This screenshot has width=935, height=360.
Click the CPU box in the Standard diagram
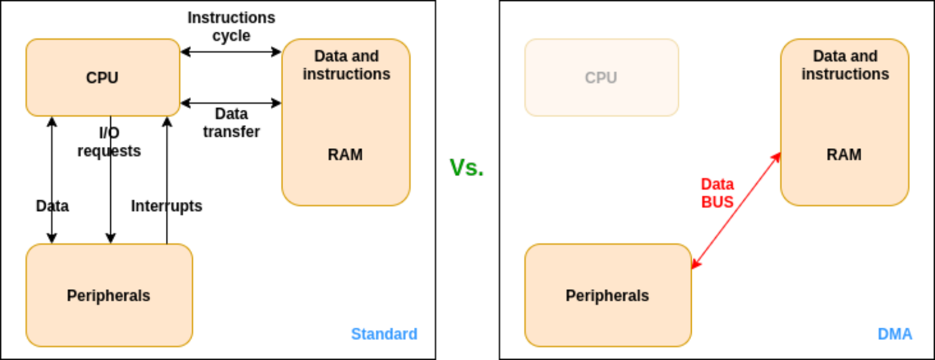tap(102, 77)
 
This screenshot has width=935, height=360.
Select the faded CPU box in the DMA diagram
tap(601, 77)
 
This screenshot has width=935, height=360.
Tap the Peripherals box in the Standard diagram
tap(109, 295)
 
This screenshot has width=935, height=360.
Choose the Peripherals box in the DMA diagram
tap(607, 295)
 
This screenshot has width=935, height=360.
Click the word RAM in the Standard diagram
tap(345, 154)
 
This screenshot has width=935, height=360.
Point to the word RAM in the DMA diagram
tap(844, 154)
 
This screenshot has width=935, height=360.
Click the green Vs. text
tap(467, 167)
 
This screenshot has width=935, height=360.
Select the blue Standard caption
tap(384, 334)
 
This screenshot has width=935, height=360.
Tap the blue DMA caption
tap(895, 334)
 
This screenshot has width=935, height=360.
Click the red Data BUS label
tap(717, 193)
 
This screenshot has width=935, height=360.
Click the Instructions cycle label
tap(231, 27)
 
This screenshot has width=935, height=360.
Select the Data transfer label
tap(231, 123)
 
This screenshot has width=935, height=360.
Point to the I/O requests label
tap(109, 142)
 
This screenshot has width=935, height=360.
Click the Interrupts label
tap(167, 206)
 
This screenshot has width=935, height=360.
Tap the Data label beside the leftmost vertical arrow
tap(52, 206)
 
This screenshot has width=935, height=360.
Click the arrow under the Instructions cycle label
tap(231, 52)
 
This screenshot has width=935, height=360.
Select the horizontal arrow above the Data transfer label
tap(231, 103)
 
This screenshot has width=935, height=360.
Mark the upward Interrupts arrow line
tap(166, 177)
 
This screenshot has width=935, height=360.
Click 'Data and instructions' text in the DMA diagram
tap(845, 65)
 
